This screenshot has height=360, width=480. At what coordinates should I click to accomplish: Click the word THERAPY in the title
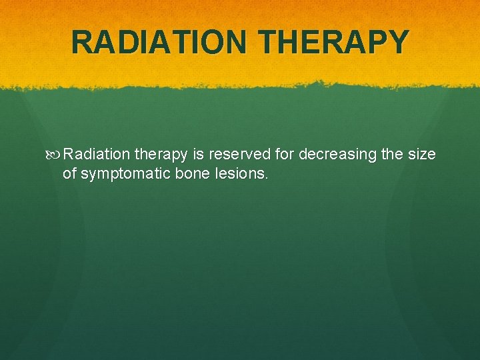tap(335, 42)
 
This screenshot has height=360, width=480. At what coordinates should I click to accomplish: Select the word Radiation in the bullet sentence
tap(97, 155)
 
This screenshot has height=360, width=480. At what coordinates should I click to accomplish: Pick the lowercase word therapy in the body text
tap(161, 155)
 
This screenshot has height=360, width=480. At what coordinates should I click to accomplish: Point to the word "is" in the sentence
tap(198, 155)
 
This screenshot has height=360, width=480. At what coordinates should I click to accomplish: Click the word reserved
tap(239, 155)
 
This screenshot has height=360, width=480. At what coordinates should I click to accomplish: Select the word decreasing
tap(337, 155)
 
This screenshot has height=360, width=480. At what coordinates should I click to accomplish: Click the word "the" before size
tap(392, 155)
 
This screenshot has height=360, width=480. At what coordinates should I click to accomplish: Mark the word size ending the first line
tap(422, 155)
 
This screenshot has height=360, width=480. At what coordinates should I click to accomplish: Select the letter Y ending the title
tap(395, 42)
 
